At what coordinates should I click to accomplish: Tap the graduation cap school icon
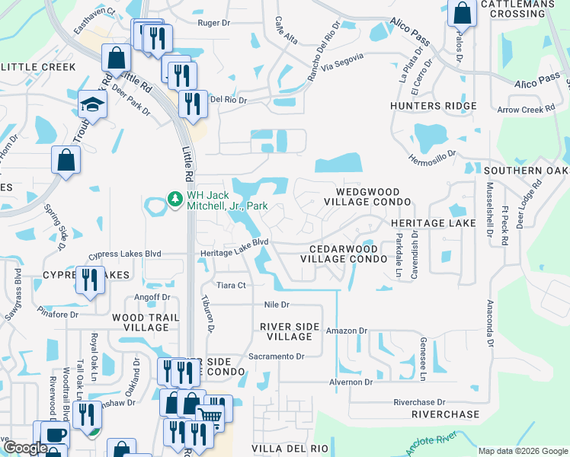92,104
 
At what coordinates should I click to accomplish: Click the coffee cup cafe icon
53,436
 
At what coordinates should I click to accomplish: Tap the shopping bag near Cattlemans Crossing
462,13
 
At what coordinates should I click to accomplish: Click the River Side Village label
286,331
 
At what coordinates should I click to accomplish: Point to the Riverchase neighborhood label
445,414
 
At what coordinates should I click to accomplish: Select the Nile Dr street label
277,305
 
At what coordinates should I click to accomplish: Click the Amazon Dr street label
347,331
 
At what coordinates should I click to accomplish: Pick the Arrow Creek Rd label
526,110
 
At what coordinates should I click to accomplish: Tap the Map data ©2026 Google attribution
522,451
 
